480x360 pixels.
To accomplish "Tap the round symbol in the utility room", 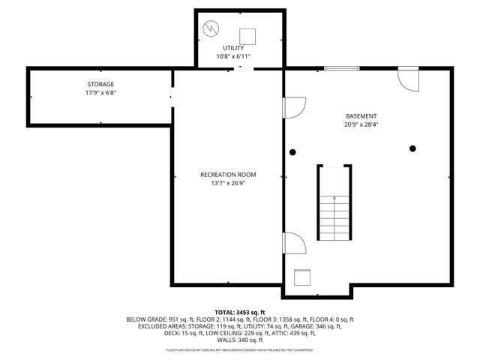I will [x=212, y=29].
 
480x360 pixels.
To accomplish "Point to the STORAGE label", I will [x=100, y=84].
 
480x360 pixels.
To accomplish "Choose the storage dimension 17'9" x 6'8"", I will [x=100, y=93].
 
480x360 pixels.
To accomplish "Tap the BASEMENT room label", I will [x=361, y=116].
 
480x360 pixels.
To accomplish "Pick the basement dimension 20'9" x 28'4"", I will [x=361, y=124].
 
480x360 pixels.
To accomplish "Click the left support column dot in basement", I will [x=292, y=151].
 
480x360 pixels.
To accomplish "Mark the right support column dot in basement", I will [x=412, y=148].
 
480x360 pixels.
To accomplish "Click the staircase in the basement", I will [x=334, y=206].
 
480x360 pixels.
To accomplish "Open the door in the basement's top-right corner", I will [x=408, y=78].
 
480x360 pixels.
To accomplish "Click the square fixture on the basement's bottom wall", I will [x=303, y=277].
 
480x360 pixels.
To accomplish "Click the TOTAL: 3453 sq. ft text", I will [x=239, y=312].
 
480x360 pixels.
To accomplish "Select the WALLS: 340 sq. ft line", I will [x=239, y=340].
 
